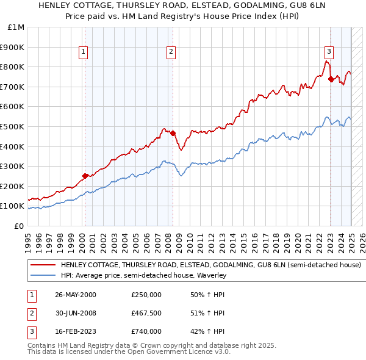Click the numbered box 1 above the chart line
click(x=82, y=52)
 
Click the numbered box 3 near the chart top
click(x=329, y=52)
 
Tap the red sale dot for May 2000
click(x=85, y=176)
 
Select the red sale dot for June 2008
click(x=173, y=133)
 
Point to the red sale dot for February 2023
click(x=331, y=79)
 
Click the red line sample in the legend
click(x=43, y=265)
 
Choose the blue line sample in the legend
click(x=43, y=275)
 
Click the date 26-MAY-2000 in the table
click(x=75, y=295)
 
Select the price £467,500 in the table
click(x=146, y=313)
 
